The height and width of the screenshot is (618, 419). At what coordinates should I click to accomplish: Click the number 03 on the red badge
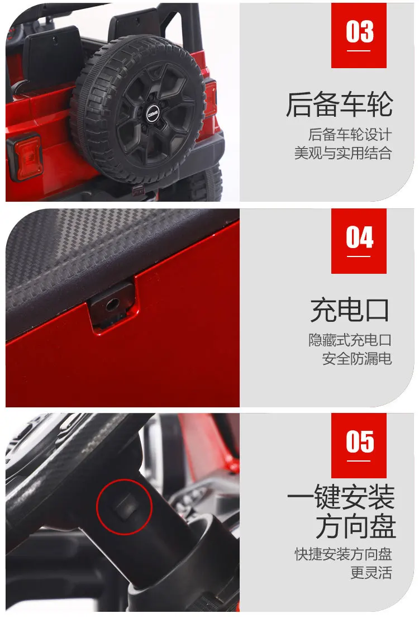pos(359,31)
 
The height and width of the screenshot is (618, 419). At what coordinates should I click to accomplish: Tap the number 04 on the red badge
pos(359,237)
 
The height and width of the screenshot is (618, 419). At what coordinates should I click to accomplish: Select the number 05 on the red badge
pos(359,442)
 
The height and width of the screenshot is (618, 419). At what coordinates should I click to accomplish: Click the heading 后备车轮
pos(339,104)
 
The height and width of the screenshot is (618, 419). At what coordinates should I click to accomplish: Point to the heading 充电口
pos(350,310)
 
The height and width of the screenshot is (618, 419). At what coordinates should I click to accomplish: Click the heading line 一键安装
pos(341,497)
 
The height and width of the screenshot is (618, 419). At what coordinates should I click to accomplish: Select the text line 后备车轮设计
pos(350,135)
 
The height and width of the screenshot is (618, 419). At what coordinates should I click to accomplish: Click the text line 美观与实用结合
pos(344,153)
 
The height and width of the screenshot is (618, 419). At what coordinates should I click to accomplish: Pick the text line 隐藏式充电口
pos(350,340)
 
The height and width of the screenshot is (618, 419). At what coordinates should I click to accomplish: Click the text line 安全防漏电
pos(357,358)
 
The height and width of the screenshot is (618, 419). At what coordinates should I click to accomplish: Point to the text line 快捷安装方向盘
pos(344,554)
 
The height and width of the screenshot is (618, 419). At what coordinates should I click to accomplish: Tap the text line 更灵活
pos(371,572)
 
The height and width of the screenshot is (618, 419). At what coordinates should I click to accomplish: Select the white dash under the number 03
pos(359,51)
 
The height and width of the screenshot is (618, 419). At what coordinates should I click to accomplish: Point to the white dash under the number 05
pos(359,462)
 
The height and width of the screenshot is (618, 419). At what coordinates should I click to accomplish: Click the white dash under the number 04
pos(359,256)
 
